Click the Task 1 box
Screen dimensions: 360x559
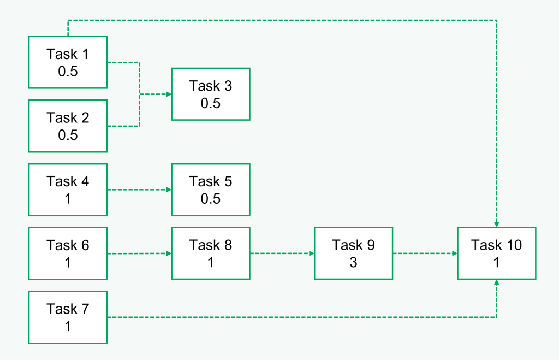[x=68, y=62]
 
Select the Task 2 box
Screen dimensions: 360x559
[x=68, y=126]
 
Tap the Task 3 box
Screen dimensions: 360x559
[x=211, y=94]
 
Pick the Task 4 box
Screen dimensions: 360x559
[x=68, y=190]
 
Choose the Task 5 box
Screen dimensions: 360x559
[x=211, y=190]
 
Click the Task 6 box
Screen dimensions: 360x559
[x=68, y=253]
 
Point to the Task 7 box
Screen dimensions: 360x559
[x=68, y=317]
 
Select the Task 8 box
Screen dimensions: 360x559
[x=211, y=253]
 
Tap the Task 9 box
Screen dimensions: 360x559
[x=353, y=253]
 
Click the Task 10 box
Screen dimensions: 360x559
[x=496, y=253]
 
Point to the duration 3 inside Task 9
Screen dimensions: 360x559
[x=353, y=262]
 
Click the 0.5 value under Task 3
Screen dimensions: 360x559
[x=211, y=103]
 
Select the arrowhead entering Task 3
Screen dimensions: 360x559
[x=169, y=94]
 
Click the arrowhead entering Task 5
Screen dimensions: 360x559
[x=169, y=190]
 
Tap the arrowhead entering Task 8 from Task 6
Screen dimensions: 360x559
[x=169, y=253]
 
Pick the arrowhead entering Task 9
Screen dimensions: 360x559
[x=312, y=253]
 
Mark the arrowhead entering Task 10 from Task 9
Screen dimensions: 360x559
[x=455, y=253]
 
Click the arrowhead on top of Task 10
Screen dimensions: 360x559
[x=496, y=224]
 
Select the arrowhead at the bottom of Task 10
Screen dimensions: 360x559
[x=496, y=282]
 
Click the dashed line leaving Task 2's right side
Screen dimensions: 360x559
[x=123, y=126]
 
